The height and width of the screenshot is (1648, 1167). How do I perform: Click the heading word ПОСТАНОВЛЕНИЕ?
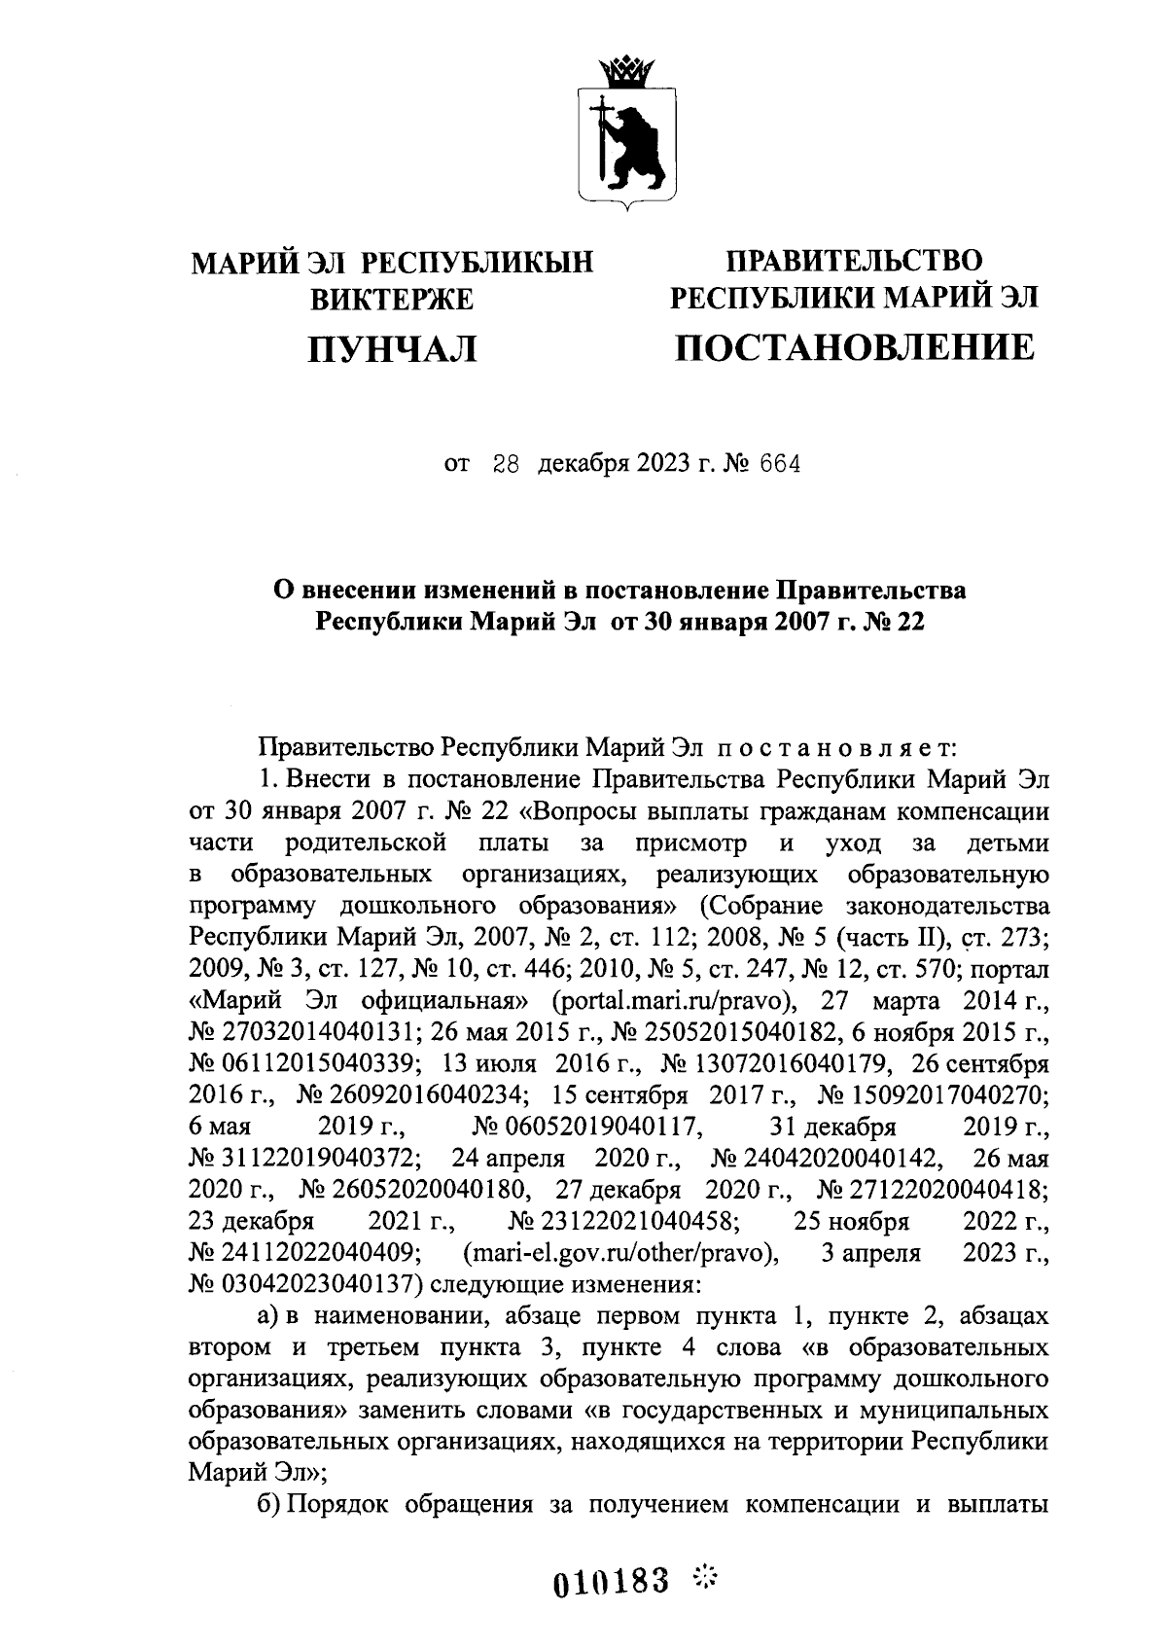(x=855, y=347)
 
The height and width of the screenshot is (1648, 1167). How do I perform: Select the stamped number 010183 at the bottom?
(x=612, y=1582)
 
